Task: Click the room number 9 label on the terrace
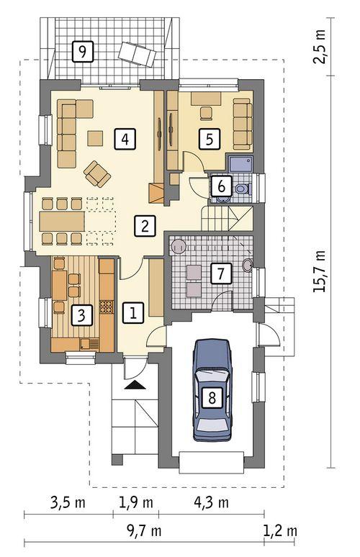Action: (x=84, y=51)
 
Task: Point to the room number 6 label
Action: (x=222, y=186)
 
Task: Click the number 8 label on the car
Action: (x=212, y=399)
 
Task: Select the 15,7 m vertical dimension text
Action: (x=320, y=271)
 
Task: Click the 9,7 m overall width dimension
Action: (x=143, y=532)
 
